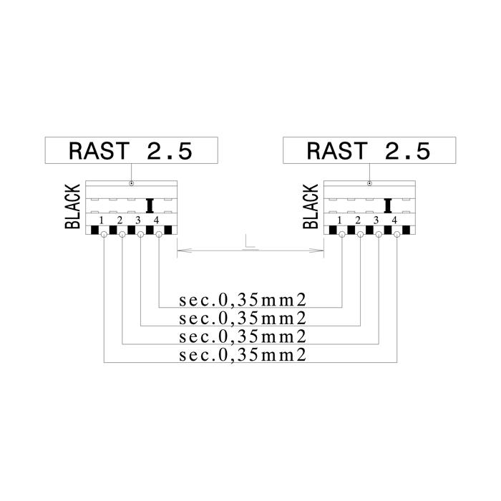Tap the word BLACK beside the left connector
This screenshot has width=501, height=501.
pyautogui.click(x=72, y=206)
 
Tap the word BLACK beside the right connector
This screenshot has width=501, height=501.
pyautogui.click(x=311, y=206)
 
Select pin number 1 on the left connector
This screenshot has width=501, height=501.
pyautogui.click(x=102, y=220)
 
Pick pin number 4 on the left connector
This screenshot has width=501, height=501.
pyautogui.click(x=156, y=220)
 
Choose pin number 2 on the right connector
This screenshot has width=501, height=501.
pyautogui.click(x=358, y=220)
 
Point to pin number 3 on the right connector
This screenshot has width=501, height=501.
pyautogui.click(x=376, y=220)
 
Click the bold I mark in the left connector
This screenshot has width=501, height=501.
pyautogui.click(x=150, y=206)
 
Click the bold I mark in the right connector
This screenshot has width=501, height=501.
pyautogui.click(x=388, y=206)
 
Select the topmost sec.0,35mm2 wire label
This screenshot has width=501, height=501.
pyautogui.click(x=243, y=301)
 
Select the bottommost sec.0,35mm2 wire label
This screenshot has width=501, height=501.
pyautogui.click(x=243, y=355)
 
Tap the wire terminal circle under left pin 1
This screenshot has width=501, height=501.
pyautogui.click(x=104, y=235)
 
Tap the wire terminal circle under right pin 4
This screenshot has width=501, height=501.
pyautogui.click(x=397, y=235)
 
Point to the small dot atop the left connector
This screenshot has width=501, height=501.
pyautogui.click(x=131, y=183)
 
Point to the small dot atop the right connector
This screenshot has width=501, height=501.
pyautogui.click(x=370, y=183)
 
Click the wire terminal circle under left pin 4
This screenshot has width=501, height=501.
pyautogui.click(x=159, y=235)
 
